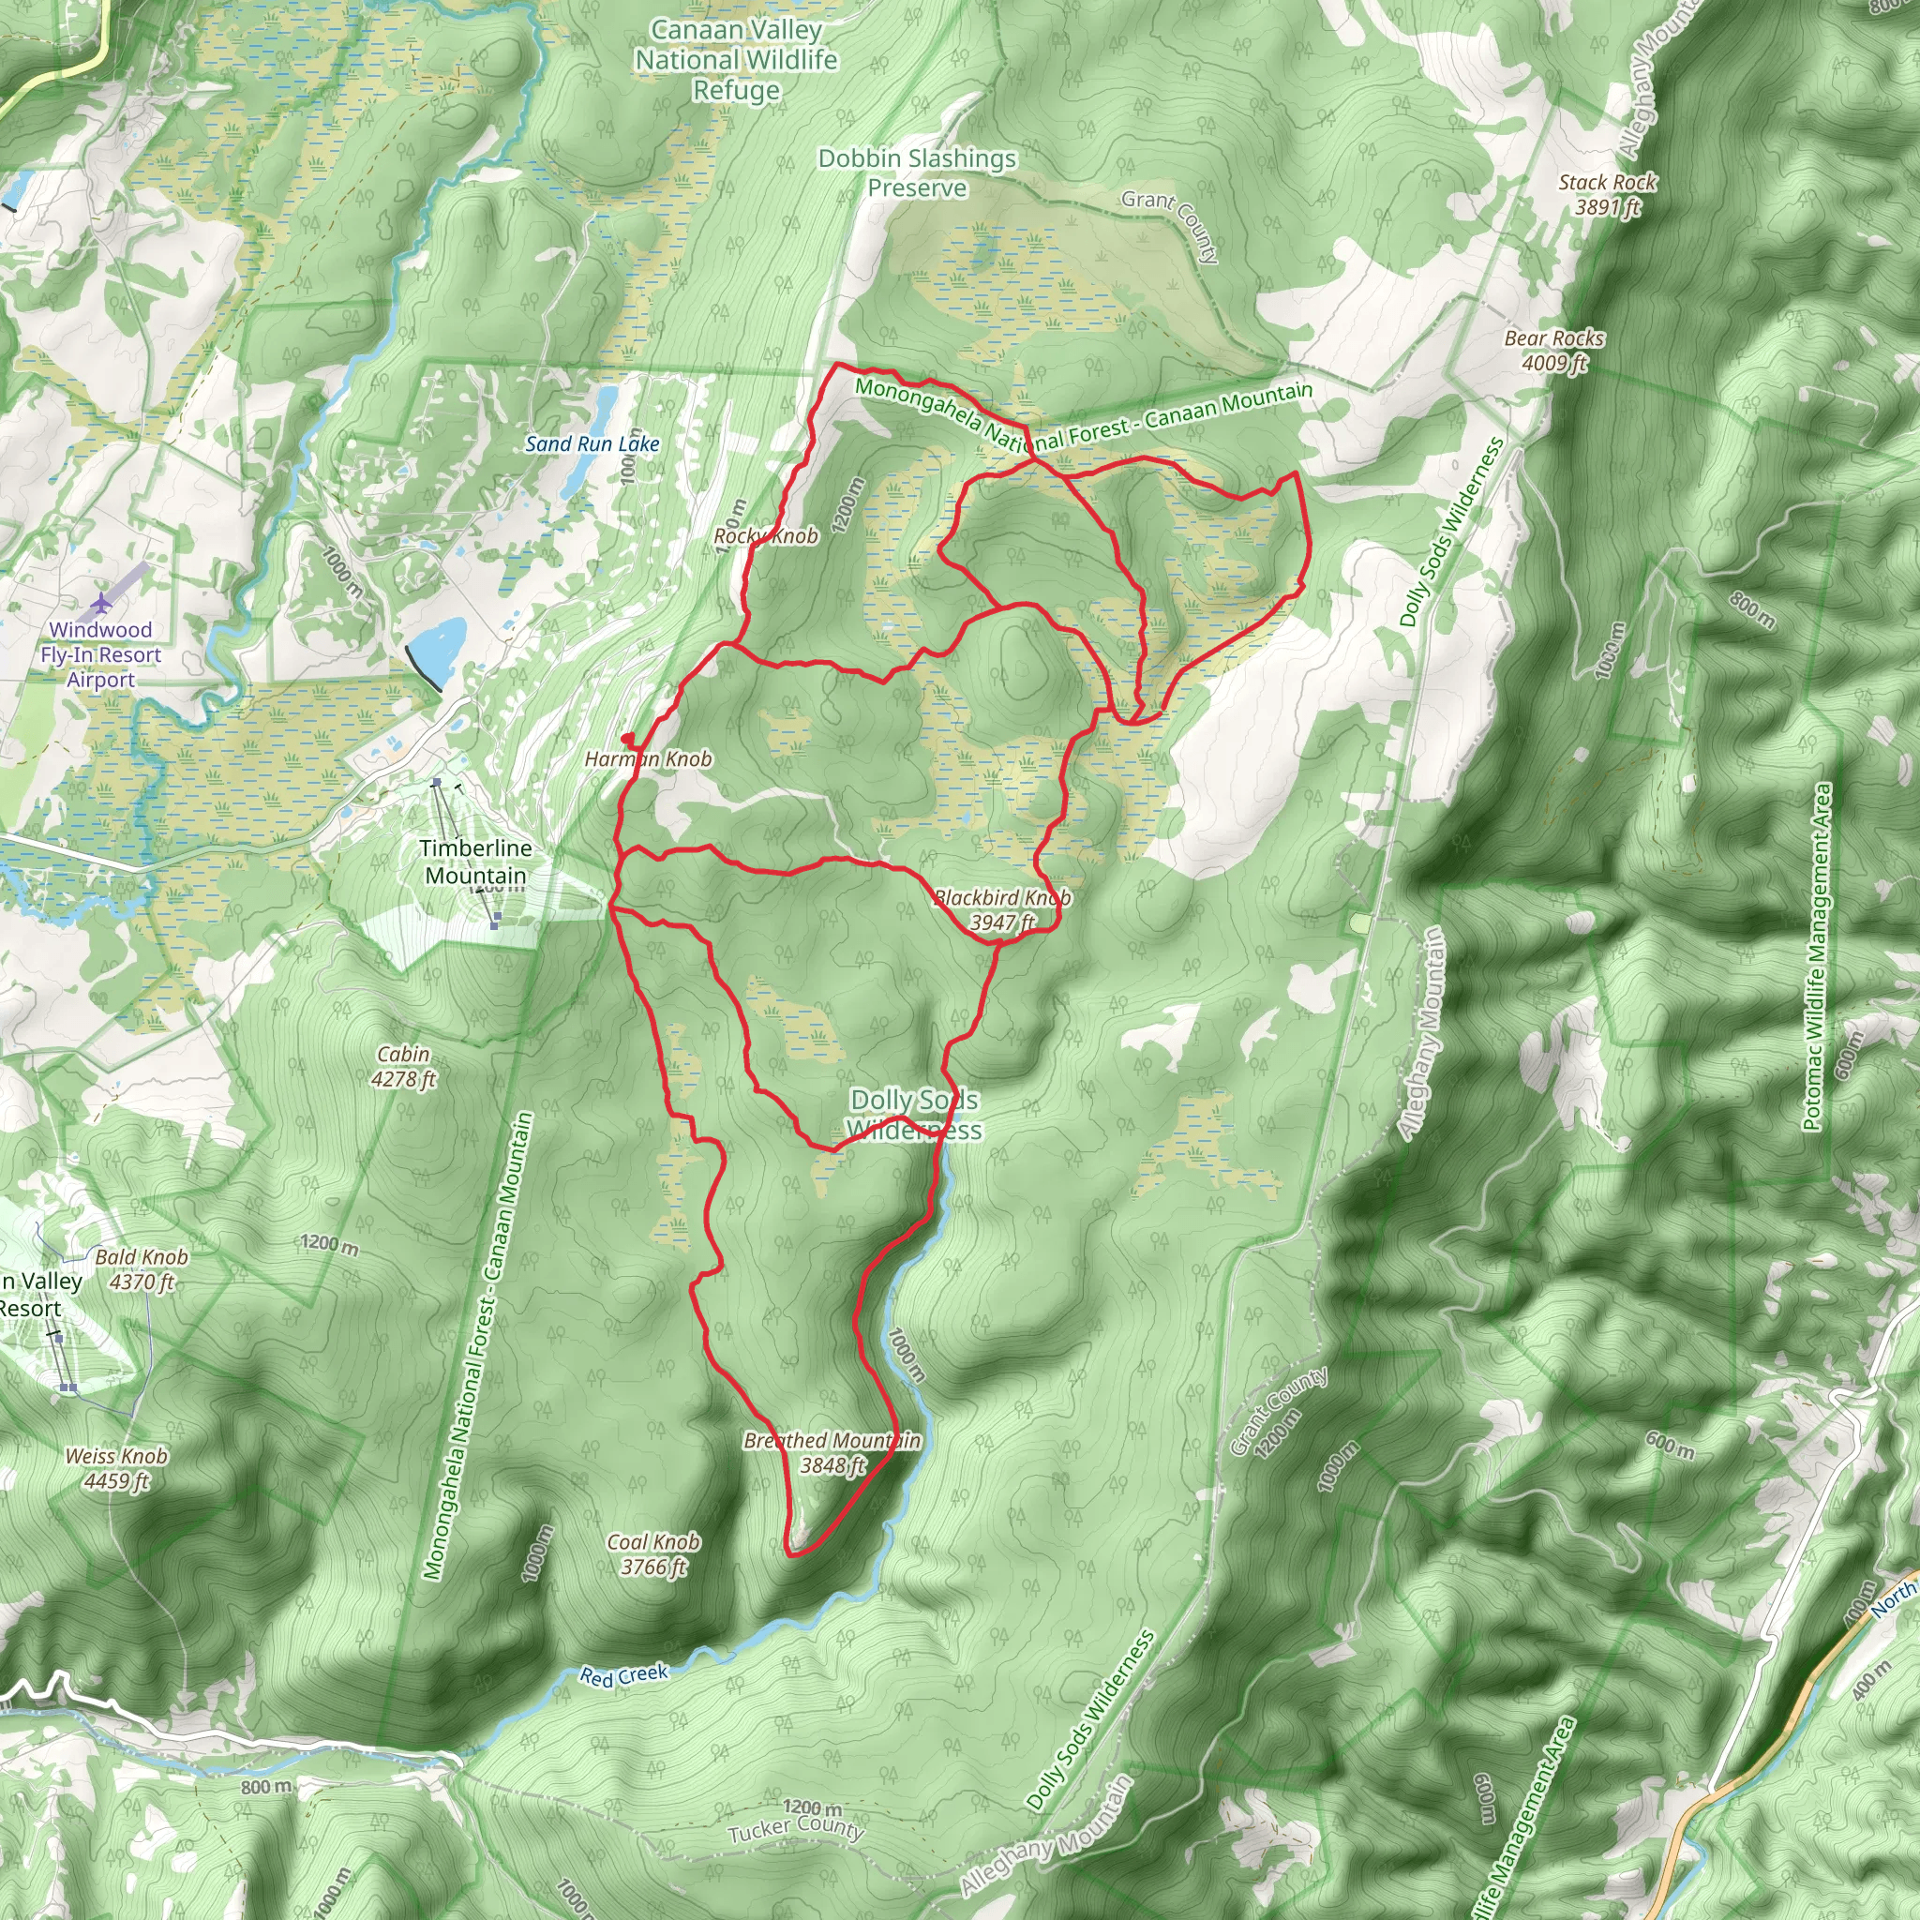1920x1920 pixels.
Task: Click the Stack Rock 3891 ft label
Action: point(1607,195)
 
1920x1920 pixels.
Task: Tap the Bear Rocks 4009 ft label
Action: point(1554,351)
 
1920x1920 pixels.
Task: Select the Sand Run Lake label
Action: point(592,444)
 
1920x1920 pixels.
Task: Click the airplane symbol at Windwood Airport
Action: point(101,602)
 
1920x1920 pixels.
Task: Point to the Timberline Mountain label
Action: point(475,862)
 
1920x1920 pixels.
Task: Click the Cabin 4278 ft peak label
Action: point(403,1066)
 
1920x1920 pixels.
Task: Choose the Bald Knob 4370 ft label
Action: point(142,1269)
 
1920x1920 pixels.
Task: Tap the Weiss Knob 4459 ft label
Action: point(116,1468)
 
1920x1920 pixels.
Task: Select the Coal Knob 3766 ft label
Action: point(654,1554)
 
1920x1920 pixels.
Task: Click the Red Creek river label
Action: point(624,1675)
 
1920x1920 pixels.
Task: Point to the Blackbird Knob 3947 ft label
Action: point(1003,910)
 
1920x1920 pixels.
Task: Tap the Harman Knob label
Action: point(648,759)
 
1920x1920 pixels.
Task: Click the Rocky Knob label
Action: point(766,536)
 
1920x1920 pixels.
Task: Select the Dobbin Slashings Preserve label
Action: point(917,172)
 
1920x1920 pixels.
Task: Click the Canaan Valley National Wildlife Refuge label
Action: point(736,61)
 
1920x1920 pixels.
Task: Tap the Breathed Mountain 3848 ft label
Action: point(832,1453)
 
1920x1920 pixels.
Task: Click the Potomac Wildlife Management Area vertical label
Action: point(1817,956)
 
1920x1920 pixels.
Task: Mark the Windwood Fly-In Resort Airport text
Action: point(100,655)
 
